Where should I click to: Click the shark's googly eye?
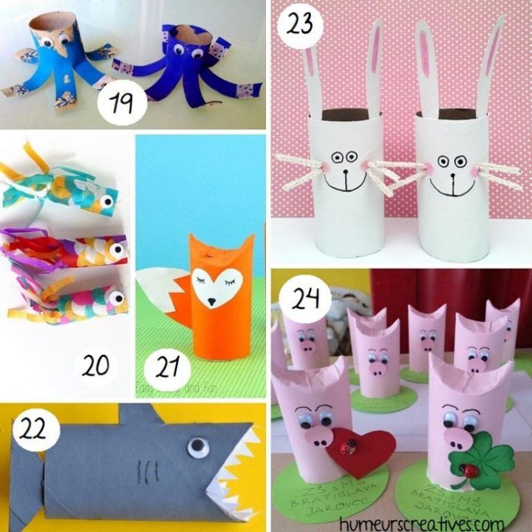click(x=196, y=446)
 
